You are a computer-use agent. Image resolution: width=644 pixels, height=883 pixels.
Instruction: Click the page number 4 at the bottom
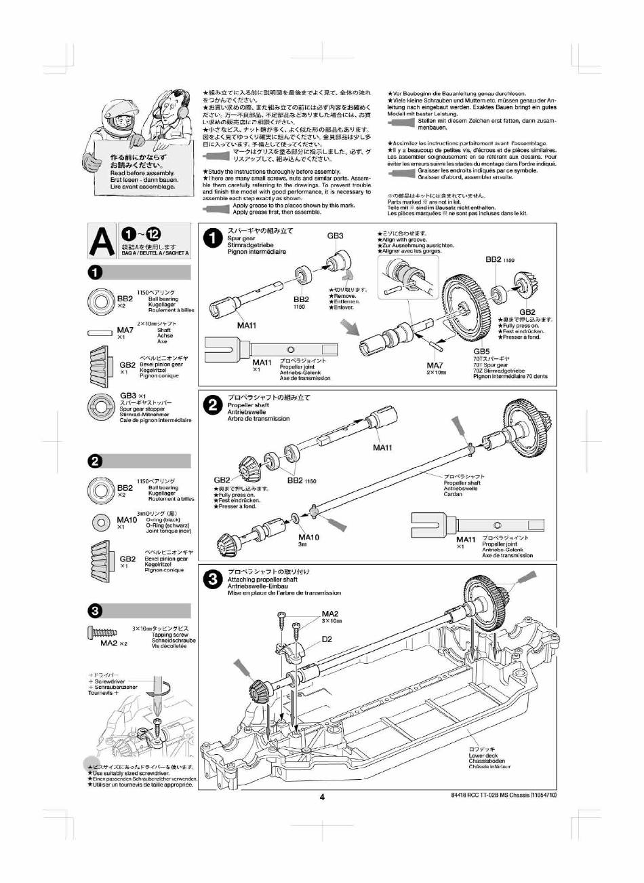[323, 797]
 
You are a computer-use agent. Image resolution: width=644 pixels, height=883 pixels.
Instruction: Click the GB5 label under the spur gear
[481, 352]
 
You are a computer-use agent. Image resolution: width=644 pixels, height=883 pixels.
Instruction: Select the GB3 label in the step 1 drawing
[336, 236]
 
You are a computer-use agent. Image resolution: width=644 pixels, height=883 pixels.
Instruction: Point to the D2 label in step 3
[327, 639]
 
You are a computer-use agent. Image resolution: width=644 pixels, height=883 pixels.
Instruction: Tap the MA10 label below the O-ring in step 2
[308, 537]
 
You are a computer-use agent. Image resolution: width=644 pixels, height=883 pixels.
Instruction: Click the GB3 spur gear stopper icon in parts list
[104, 408]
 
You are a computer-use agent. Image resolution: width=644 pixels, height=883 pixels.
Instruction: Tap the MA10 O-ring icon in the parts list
[101, 522]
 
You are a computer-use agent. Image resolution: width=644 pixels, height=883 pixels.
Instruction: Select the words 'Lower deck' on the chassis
[483, 755]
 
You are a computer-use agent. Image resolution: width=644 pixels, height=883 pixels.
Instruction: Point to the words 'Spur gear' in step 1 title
[241, 239]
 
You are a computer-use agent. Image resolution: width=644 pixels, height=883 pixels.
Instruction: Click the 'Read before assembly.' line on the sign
[142, 173]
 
